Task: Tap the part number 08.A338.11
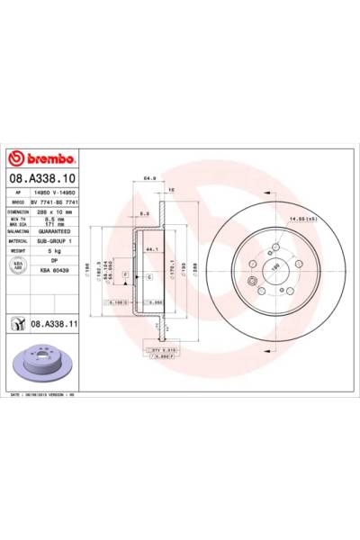pyautogui.click(x=58, y=322)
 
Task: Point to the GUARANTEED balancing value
pyautogui.click(x=56, y=230)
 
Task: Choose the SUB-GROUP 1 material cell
pyautogui.click(x=55, y=241)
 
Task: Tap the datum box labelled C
pyautogui.click(x=148, y=278)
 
